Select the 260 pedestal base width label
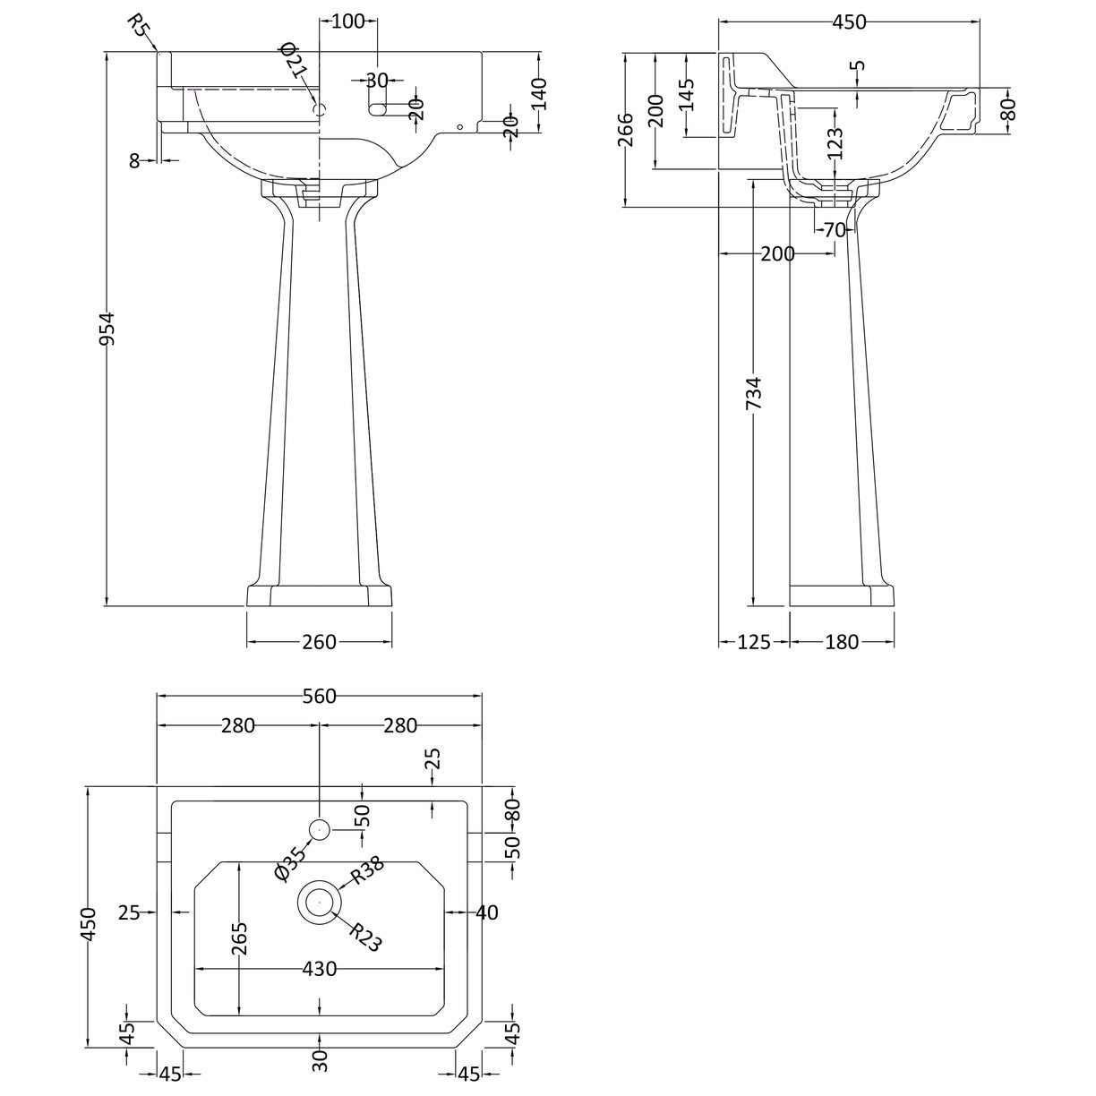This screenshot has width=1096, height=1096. (319, 642)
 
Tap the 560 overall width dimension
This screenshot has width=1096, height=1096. (319, 697)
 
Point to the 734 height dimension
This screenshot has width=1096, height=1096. (754, 393)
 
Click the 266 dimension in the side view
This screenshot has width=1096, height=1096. (626, 131)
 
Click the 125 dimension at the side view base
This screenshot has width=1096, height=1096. (755, 642)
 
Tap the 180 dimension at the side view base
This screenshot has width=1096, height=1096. (842, 642)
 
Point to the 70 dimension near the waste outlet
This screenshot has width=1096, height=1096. (834, 230)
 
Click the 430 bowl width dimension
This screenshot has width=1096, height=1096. (320, 969)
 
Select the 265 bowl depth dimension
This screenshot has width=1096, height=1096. (239, 938)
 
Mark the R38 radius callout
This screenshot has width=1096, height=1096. (367, 869)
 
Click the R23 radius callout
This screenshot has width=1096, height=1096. (365, 938)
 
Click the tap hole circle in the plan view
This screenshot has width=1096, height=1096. (320, 830)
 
